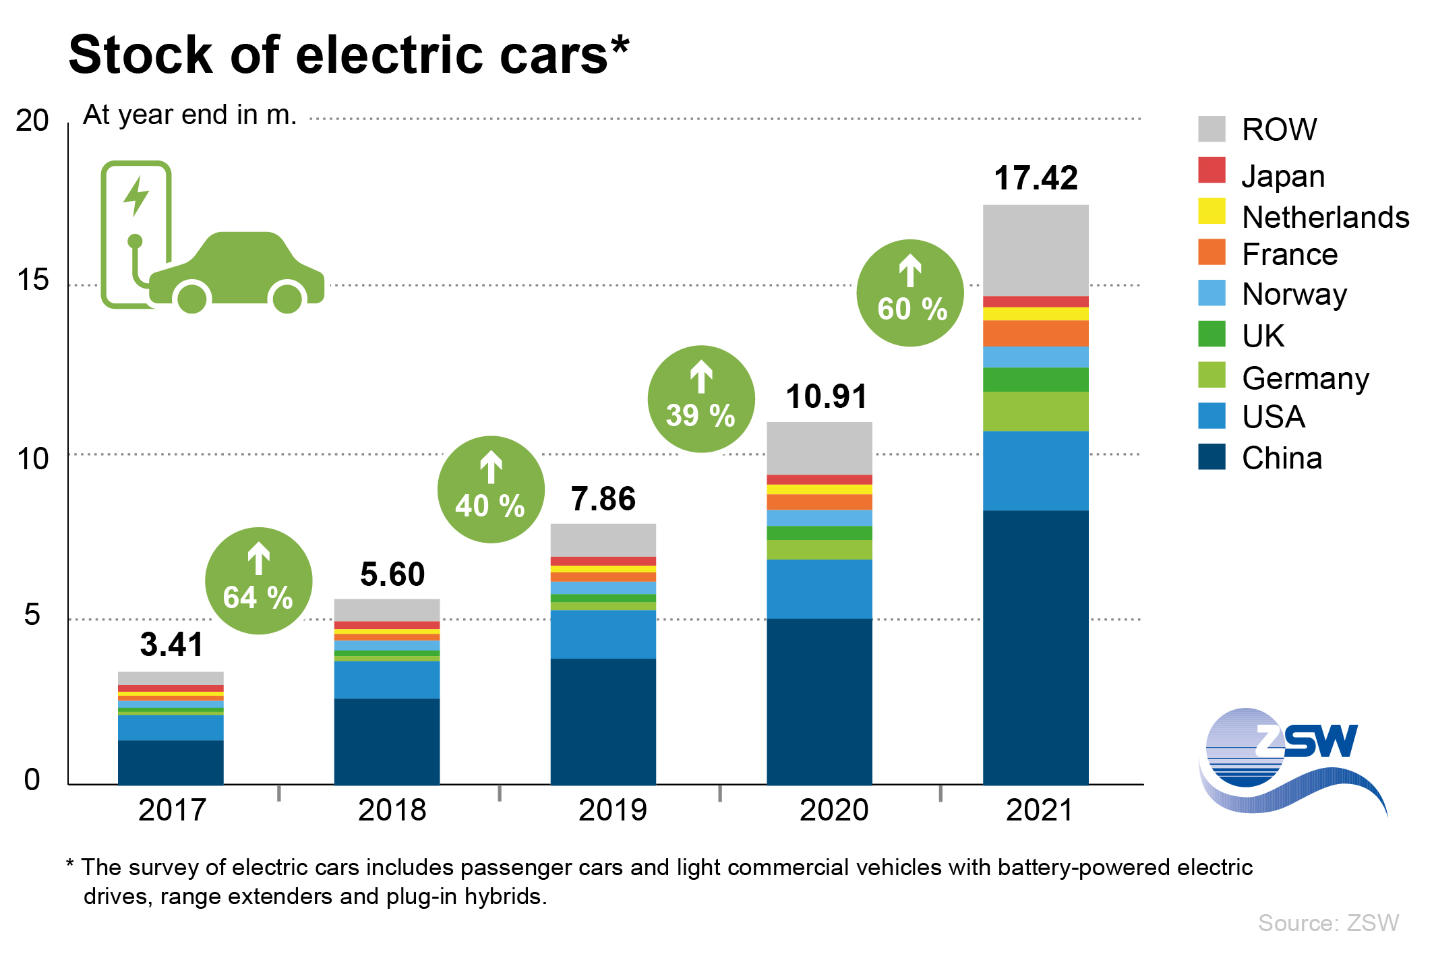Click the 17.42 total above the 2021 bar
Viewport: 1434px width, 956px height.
tap(1036, 179)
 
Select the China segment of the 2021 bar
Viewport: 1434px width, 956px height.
tap(1036, 647)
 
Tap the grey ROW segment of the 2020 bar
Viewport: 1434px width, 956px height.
tap(819, 448)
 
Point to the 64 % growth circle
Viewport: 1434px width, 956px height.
tap(258, 580)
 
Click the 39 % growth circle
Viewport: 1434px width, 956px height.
tap(701, 399)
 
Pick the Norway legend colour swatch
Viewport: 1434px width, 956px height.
tap(1212, 293)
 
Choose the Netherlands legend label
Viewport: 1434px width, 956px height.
tap(1325, 217)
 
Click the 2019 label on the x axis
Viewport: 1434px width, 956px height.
tap(612, 810)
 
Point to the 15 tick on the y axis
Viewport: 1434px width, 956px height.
tap(33, 280)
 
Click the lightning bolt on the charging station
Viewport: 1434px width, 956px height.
tap(137, 196)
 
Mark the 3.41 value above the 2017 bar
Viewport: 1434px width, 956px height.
tap(171, 645)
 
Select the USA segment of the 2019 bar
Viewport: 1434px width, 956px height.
tap(603, 634)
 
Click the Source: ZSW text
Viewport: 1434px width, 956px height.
tap(1328, 923)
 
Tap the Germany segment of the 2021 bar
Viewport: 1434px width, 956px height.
tap(1036, 411)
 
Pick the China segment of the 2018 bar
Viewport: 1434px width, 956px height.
tap(387, 742)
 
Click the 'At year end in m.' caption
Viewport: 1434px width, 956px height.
tap(189, 115)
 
